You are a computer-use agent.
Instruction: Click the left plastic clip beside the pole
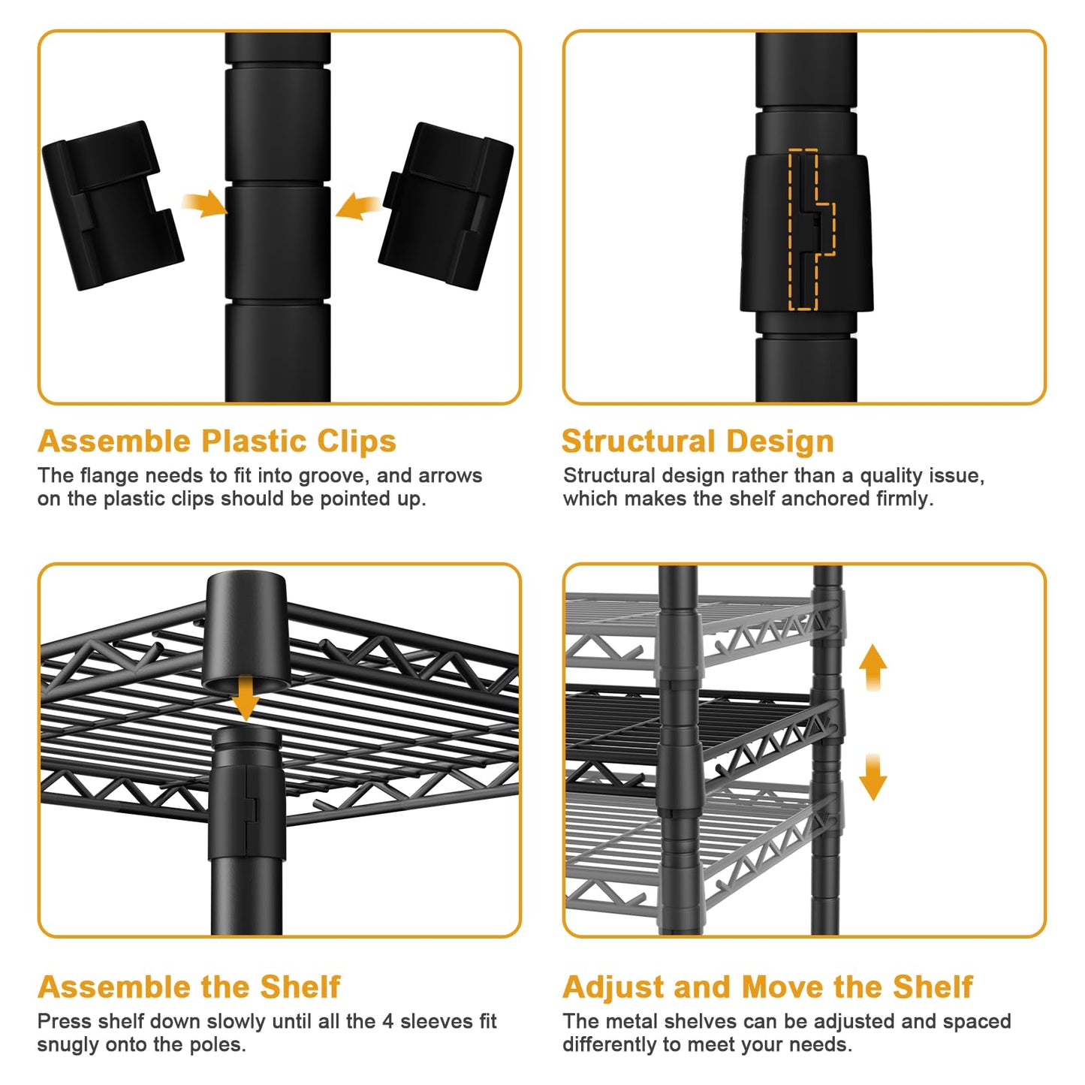(113, 206)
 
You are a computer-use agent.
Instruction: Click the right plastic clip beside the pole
(446, 206)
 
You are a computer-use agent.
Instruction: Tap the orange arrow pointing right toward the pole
(205, 203)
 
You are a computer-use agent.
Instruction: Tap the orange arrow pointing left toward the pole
(359, 206)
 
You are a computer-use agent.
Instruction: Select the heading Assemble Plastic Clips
(217, 441)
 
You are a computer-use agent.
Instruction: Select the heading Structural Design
(698, 441)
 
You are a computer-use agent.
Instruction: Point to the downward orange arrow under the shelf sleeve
(246, 699)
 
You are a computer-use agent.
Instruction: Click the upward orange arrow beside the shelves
(873, 668)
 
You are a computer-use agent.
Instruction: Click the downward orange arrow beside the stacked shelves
(873, 777)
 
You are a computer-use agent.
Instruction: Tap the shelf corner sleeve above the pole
(246, 631)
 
